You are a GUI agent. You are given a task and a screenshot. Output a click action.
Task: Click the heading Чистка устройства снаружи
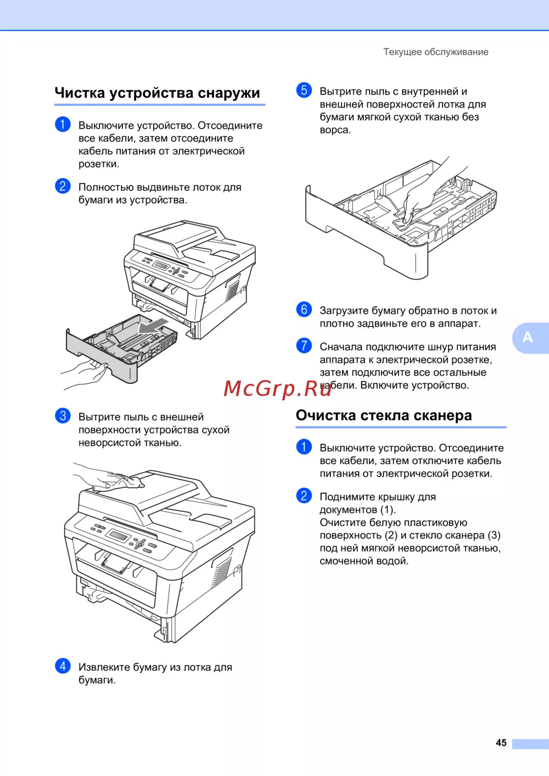click(157, 93)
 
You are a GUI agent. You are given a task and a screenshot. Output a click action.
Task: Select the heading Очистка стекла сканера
click(384, 415)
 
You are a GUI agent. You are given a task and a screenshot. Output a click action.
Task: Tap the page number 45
click(501, 742)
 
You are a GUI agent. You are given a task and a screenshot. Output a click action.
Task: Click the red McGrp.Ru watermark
click(278, 388)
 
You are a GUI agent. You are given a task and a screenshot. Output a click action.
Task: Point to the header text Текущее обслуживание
click(436, 52)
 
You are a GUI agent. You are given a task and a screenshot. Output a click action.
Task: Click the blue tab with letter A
click(530, 338)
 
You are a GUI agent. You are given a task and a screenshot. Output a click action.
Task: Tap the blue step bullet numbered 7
click(304, 346)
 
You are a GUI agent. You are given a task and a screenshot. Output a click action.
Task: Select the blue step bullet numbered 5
click(304, 90)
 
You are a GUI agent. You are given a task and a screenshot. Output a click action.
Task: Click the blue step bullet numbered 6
click(304, 309)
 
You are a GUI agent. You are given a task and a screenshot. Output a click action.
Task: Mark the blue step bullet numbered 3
click(63, 416)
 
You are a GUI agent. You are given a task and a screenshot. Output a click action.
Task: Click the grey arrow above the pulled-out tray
click(153, 326)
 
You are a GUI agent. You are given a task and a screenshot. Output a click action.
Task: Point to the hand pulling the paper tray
click(85, 375)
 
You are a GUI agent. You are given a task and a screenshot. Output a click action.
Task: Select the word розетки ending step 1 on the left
click(99, 164)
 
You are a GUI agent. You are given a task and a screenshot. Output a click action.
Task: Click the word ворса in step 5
click(335, 130)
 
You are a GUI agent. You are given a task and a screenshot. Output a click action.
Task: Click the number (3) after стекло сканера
click(494, 535)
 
